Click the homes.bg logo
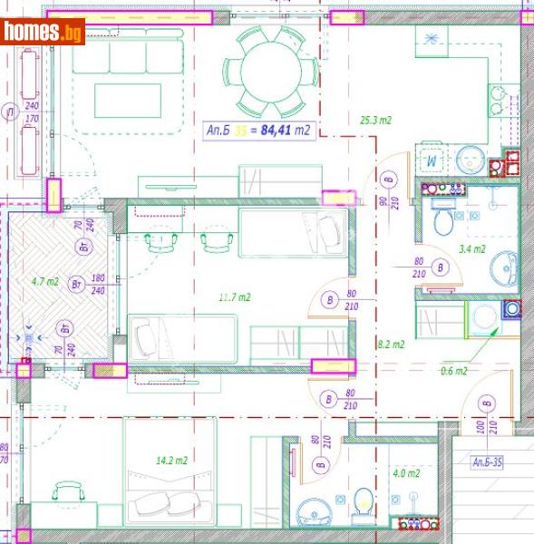(43, 33)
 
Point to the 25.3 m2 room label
(374, 120)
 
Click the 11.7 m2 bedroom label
(235, 296)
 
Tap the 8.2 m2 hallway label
(390, 344)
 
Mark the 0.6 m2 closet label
(453, 370)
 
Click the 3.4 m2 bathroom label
(471, 248)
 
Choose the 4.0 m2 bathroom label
(405, 472)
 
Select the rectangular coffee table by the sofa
(127, 100)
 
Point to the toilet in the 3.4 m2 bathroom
(442, 220)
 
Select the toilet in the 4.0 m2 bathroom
(363, 504)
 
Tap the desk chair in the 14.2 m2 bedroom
(69, 494)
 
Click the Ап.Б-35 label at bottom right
(492, 462)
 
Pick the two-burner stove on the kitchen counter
(497, 100)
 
